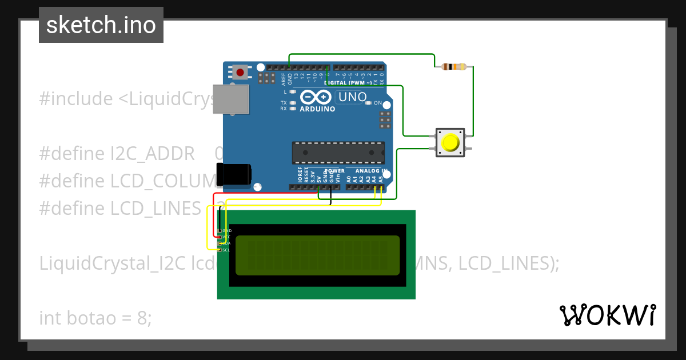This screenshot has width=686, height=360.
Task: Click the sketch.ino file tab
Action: click(101, 25)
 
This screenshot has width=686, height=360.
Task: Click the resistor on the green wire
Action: click(454, 67)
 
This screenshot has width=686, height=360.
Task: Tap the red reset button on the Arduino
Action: click(241, 73)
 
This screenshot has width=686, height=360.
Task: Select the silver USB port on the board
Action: click(231, 99)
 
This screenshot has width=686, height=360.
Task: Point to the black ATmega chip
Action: click(338, 153)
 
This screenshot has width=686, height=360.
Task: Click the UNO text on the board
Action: click(353, 97)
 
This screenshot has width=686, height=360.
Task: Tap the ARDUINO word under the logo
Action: click(317, 109)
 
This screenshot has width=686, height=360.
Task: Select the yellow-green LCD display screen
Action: click(317, 255)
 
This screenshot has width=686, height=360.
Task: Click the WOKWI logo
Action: click(607, 315)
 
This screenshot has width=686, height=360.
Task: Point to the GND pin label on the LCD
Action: click(227, 230)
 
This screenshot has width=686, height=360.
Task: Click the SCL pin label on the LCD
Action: click(226, 250)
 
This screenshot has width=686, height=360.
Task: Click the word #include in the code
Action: click(76, 99)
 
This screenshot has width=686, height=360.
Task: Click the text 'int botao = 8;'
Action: click(95, 318)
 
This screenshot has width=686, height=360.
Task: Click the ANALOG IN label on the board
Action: click(372, 170)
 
